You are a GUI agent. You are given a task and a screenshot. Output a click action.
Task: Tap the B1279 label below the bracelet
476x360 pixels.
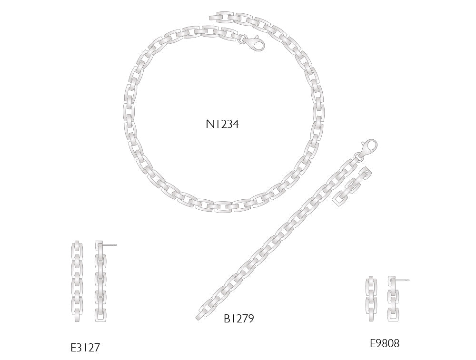coord(238,318)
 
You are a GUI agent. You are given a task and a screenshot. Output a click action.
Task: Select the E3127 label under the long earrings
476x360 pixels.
coord(85,348)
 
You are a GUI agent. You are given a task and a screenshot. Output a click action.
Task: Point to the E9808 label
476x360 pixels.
coord(385,343)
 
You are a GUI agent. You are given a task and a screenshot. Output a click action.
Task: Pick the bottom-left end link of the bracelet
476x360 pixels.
coord(202,314)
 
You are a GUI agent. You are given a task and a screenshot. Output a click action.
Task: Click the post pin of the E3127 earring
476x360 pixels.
coord(110,245)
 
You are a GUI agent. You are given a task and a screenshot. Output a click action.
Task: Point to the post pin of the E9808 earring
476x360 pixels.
coord(404,280)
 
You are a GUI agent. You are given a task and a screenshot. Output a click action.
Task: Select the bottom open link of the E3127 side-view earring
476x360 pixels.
coord(100,315)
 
